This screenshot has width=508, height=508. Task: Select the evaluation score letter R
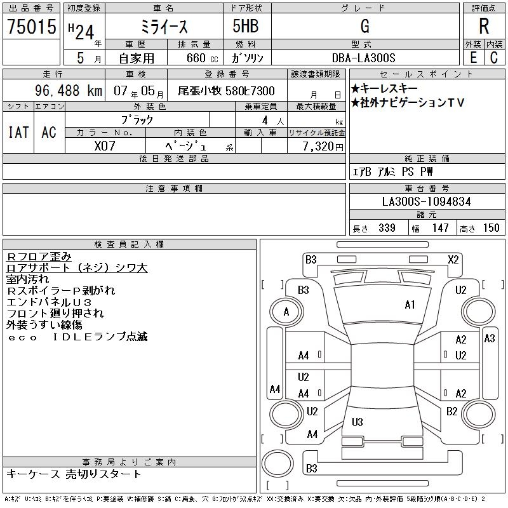click(484, 26)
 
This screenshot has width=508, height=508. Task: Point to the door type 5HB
click(239, 26)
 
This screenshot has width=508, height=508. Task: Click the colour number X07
click(105, 145)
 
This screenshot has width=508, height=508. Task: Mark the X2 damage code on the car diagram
click(453, 259)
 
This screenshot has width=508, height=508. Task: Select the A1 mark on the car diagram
click(410, 305)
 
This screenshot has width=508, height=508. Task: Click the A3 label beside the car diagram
click(489, 338)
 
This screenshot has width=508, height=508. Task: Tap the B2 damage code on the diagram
click(451, 411)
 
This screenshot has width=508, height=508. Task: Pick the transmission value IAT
click(18, 132)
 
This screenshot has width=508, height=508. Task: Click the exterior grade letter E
click(473, 57)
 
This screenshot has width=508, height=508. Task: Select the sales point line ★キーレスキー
click(384, 90)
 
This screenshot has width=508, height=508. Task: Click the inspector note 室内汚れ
click(28, 279)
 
